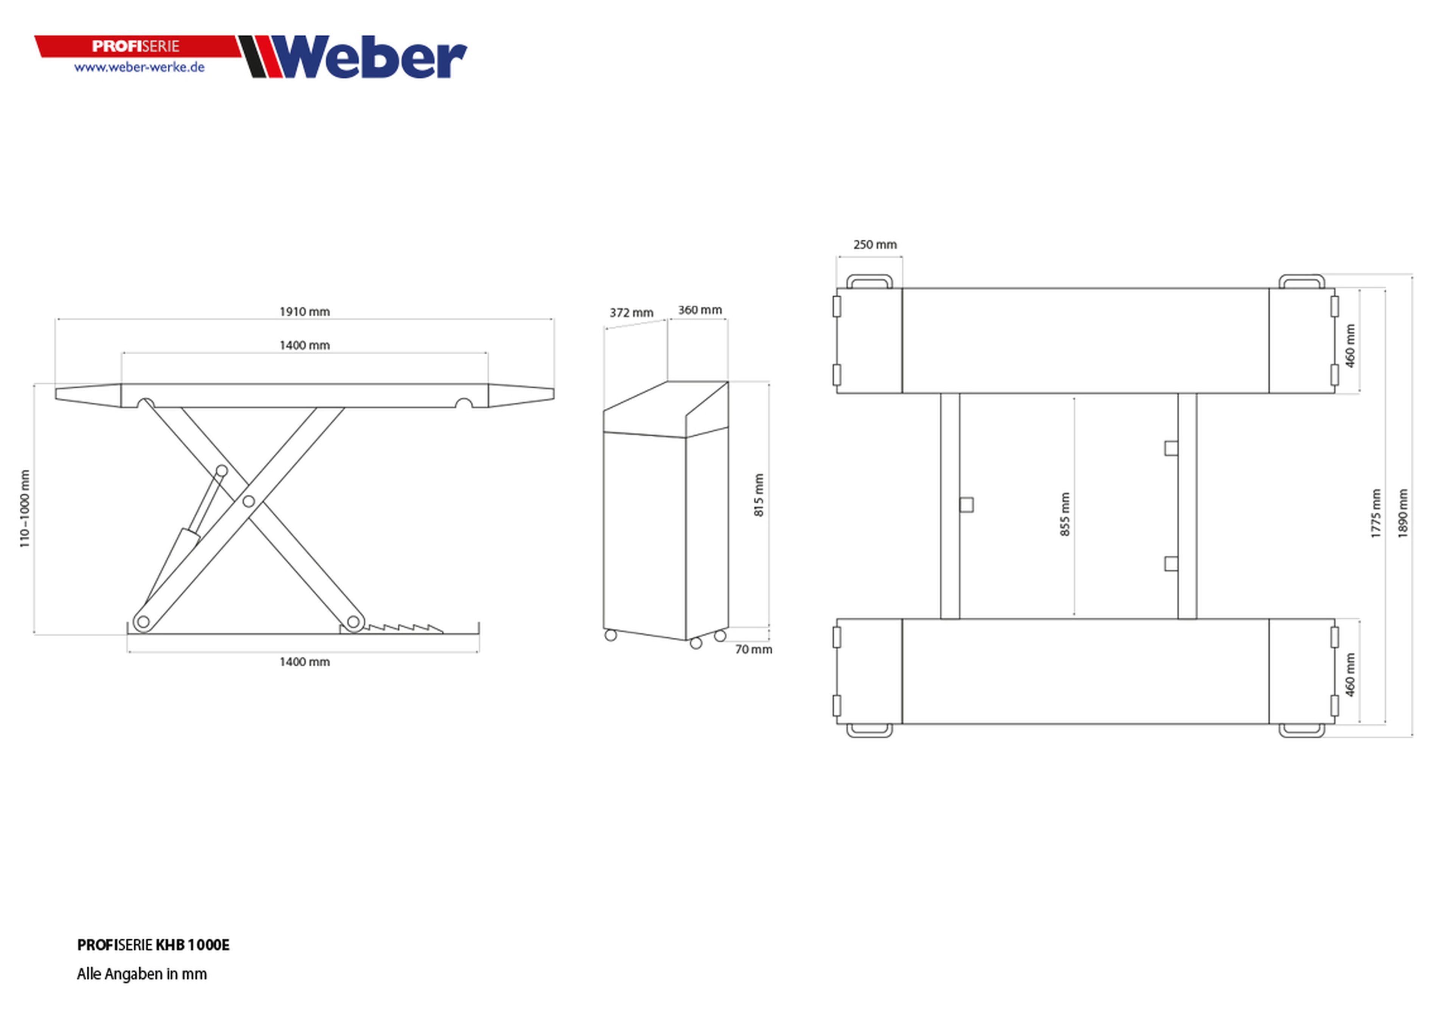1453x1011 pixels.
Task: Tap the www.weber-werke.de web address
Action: pyautogui.click(x=139, y=67)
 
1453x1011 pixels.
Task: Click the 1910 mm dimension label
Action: pyautogui.click(x=304, y=312)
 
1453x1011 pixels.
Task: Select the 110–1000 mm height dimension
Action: pyautogui.click(x=25, y=508)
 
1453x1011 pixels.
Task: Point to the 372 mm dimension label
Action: pyautogui.click(x=631, y=313)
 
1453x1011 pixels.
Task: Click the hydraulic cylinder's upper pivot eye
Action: pyautogui.click(x=221, y=470)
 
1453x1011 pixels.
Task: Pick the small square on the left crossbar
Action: pyautogui.click(x=966, y=505)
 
